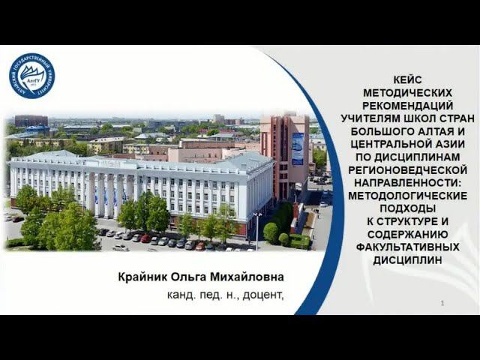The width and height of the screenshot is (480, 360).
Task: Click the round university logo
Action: point(31,76)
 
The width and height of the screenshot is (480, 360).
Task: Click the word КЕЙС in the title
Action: point(408,79)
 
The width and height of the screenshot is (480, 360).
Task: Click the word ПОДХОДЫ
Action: point(408,209)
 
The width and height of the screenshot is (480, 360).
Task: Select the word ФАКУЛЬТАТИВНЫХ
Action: point(408,248)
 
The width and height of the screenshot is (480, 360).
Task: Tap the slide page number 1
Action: point(442,303)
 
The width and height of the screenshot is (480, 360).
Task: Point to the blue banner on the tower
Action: point(298,148)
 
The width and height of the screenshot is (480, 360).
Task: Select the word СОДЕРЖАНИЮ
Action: point(408,235)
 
